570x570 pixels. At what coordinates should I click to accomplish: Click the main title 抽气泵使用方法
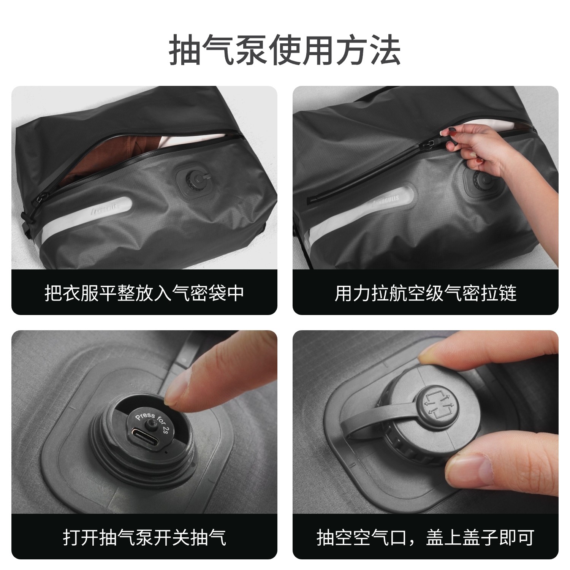[x=285, y=50]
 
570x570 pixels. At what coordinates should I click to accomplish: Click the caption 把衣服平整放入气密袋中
[x=144, y=293]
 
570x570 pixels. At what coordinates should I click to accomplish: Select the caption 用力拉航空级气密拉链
[x=425, y=293]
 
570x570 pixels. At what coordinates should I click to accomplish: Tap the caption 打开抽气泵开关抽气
[x=144, y=537]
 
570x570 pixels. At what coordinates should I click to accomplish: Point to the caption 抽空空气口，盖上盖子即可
[x=425, y=537]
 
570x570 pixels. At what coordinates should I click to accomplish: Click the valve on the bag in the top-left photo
[x=195, y=178]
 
